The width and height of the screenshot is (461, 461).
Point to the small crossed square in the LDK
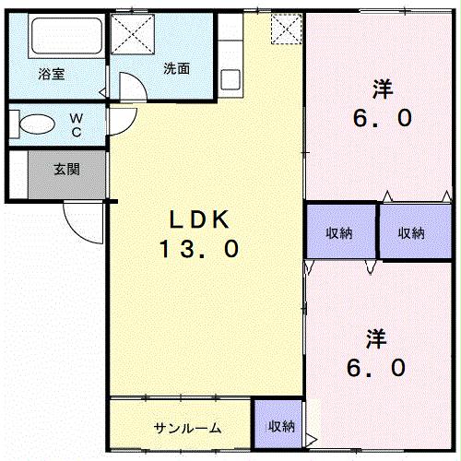pos(286,30)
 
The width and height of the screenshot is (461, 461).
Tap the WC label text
pos(77,124)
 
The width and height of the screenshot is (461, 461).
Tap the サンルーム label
pos(187,427)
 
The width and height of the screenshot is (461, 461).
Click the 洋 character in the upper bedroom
pos(381,89)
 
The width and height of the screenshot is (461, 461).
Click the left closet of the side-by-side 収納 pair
pos(341,231)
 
